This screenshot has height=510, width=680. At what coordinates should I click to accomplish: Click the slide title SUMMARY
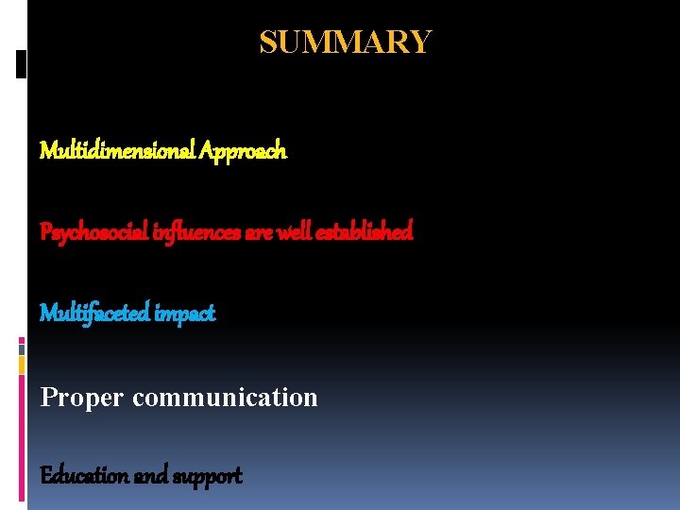coord(346,42)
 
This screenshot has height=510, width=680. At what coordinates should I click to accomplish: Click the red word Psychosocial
coord(92,231)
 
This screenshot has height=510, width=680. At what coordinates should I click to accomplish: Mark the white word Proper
coord(81,398)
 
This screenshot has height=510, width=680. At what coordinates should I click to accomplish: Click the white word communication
coord(225,398)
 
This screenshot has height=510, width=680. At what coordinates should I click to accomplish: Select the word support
coord(206,475)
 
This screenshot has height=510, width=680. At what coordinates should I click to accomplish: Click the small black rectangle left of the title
coord(21,64)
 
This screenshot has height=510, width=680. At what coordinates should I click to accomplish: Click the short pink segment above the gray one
coord(21,340)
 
